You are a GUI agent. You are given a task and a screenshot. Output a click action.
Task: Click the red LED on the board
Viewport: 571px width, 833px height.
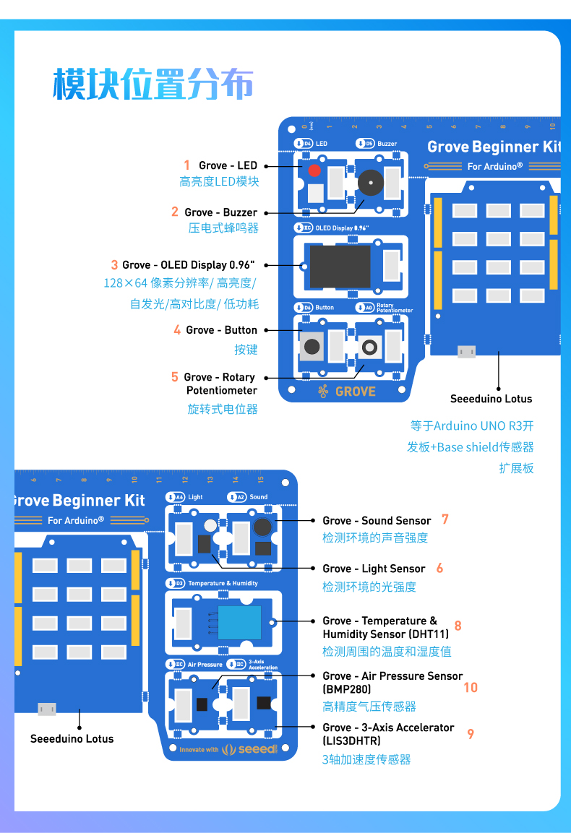point(314,171)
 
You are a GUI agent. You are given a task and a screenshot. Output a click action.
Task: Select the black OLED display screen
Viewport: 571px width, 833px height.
point(340,266)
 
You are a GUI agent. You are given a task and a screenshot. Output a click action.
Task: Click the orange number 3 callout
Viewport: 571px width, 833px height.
point(114,265)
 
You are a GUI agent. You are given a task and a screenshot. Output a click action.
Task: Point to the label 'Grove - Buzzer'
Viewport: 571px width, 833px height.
point(220,212)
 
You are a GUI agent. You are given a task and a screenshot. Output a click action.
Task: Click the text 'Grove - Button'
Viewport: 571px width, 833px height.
point(221,330)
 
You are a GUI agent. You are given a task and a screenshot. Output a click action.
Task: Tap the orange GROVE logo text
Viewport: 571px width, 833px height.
point(355,392)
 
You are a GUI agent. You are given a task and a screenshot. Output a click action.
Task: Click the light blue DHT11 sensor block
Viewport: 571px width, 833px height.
point(239,621)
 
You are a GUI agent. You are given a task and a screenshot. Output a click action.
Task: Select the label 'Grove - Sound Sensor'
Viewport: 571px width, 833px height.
point(377,520)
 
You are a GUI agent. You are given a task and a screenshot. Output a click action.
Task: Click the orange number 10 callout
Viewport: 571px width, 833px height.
point(471,688)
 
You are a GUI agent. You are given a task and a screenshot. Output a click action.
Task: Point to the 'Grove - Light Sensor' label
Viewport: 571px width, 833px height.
point(374,569)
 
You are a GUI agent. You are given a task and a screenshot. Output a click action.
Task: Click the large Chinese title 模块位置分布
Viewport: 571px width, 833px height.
point(153,85)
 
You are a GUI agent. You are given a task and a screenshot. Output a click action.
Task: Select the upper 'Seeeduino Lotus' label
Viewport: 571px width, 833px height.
point(491,399)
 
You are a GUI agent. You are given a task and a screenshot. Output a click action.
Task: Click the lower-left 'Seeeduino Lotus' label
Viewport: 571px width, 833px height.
point(72,738)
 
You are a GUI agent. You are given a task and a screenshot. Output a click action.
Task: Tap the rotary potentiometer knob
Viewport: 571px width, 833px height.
point(369,348)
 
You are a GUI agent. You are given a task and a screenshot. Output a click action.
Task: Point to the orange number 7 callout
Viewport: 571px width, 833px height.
point(445,519)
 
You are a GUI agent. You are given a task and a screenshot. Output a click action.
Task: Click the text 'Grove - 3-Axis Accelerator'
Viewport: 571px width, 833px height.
point(388,728)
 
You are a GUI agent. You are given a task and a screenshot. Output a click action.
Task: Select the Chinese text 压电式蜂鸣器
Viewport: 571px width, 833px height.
point(223,228)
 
